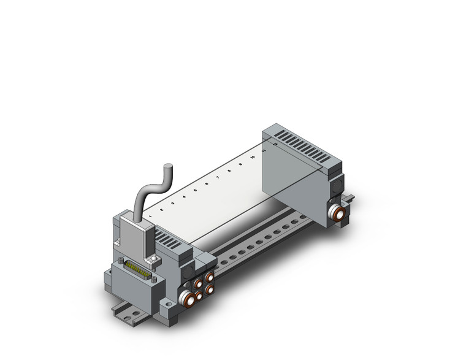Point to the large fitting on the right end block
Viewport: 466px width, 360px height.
pos(337,212)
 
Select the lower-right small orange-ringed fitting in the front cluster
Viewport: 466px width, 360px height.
pos(209,289)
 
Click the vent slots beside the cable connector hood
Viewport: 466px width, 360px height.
pos(167,239)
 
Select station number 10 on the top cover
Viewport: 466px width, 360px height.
pos(252,158)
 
